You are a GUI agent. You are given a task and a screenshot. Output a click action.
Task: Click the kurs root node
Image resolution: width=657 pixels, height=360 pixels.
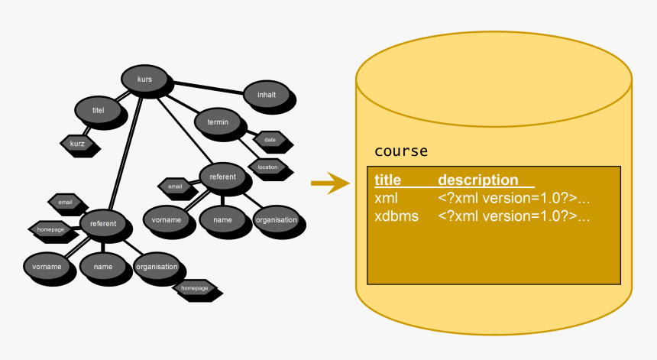point(145,79)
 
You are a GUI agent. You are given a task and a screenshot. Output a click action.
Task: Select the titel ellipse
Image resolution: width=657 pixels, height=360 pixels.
point(98,110)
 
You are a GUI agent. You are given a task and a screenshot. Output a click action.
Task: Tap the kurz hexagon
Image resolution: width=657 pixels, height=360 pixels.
point(77,142)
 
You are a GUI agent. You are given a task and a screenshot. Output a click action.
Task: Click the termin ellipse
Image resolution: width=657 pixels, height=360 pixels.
point(218,122)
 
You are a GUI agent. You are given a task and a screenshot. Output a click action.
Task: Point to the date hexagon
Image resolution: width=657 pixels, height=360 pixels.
point(270,140)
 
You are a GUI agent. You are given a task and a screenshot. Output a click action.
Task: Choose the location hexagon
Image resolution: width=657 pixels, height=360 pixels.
point(267,167)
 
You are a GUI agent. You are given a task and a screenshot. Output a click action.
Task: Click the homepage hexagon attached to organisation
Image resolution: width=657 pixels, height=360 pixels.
point(195,288)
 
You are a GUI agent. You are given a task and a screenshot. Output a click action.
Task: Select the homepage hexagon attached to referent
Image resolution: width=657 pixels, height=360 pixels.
point(50,229)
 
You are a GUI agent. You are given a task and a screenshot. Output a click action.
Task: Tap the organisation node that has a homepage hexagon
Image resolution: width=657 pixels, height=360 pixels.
point(157,267)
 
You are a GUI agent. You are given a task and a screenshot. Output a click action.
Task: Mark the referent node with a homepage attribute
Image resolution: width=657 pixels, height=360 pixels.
point(103,223)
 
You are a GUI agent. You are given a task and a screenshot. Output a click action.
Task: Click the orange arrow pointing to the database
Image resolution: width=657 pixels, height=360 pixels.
point(329,183)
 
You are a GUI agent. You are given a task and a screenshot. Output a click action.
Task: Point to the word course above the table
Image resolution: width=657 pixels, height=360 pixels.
point(400,151)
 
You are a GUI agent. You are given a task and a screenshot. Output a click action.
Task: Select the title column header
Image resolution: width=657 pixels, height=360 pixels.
point(387,180)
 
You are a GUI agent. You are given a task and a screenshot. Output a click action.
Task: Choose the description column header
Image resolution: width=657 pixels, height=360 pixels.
point(477,180)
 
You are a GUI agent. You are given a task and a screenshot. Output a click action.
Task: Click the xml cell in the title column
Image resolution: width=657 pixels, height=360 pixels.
point(386,198)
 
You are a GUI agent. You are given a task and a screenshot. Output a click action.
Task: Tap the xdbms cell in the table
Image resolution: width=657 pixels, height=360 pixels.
point(396,216)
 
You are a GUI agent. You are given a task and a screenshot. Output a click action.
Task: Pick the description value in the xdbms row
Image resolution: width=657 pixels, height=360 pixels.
point(513,216)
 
